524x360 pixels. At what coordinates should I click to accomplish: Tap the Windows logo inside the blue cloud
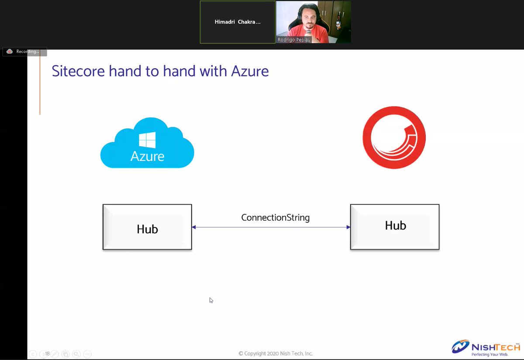coord(147,140)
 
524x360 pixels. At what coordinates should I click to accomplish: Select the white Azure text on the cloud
coord(147,156)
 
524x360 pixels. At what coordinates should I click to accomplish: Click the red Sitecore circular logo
coord(394,137)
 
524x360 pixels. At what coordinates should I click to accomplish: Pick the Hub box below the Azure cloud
coord(147,227)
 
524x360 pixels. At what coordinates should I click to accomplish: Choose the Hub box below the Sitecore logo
coord(395,227)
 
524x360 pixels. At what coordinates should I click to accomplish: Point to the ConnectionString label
coord(275,217)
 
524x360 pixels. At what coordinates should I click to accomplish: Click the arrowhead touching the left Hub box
coord(194,227)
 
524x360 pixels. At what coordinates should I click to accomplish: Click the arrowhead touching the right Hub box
coord(348,227)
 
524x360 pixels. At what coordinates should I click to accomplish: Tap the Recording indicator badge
coord(24,51)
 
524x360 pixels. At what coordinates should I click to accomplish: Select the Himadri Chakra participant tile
coord(238,22)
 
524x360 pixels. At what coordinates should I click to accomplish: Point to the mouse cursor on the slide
coord(211,300)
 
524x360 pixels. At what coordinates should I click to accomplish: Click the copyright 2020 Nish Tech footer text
coord(276,353)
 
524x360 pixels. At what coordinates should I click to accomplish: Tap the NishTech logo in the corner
coord(485,348)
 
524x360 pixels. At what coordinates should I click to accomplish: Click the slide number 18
coord(48,354)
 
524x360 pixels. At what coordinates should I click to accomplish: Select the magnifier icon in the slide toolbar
coord(76,354)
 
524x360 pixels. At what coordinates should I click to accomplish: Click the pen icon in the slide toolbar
coord(55,354)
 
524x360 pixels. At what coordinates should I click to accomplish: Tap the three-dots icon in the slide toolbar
coord(87,354)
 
